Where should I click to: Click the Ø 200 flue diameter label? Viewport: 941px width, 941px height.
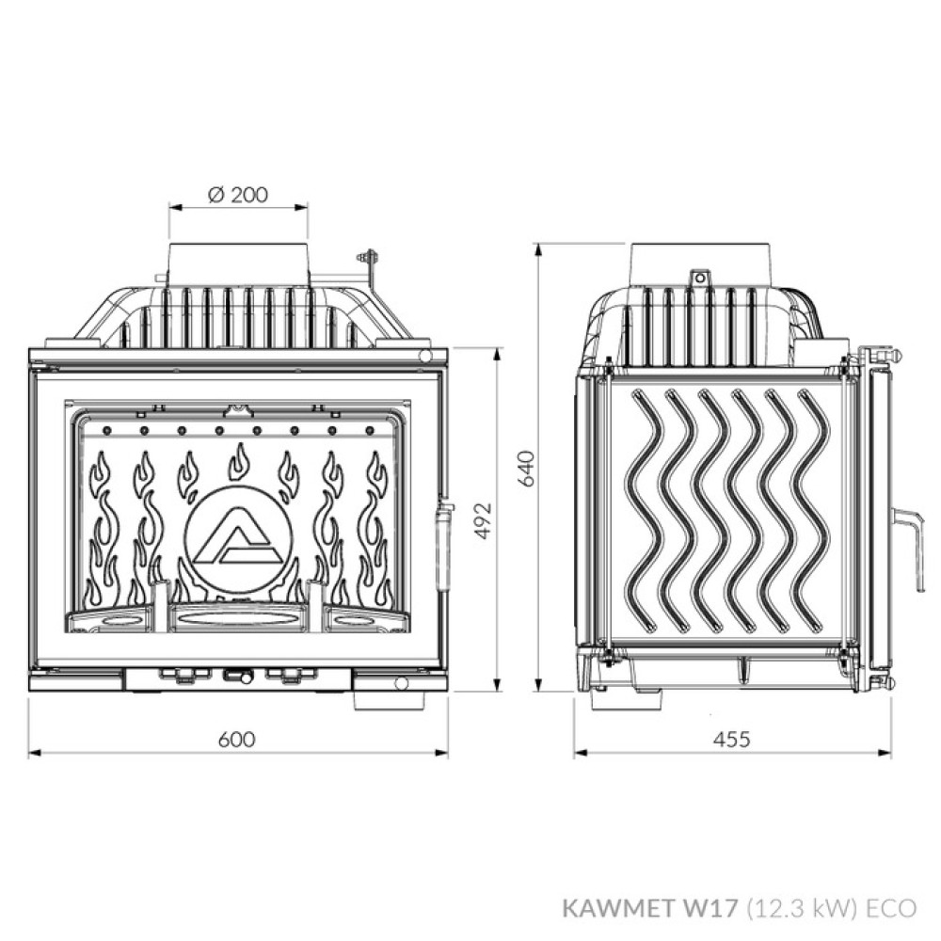[x=237, y=195]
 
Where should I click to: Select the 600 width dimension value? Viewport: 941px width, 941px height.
[x=237, y=739]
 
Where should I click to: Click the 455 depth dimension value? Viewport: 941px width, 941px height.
[x=732, y=739]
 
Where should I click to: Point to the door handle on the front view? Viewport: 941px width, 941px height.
[x=443, y=546]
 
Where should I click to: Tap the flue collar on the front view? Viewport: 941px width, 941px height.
[x=238, y=263]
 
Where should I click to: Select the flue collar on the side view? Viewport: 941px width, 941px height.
[x=701, y=260]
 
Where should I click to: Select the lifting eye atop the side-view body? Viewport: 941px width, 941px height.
[x=698, y=278]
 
